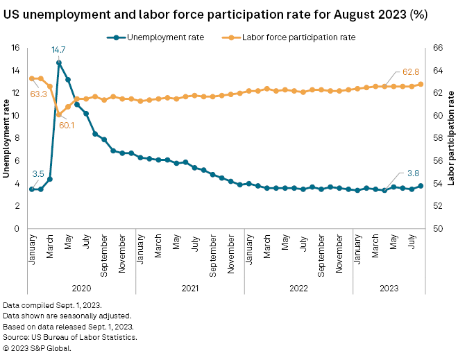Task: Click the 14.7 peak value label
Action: [58, 50]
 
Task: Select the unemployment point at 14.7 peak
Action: [59, 62]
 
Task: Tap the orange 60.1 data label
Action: [67, 125]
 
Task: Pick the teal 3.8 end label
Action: [412, 173]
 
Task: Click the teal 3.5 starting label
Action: [38, 173]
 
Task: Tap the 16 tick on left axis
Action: [15, 48]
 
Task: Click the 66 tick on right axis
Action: [438, 48]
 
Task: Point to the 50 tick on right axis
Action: [438, 228]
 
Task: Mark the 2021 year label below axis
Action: [189, 288]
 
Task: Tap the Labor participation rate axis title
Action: [452, 138]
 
